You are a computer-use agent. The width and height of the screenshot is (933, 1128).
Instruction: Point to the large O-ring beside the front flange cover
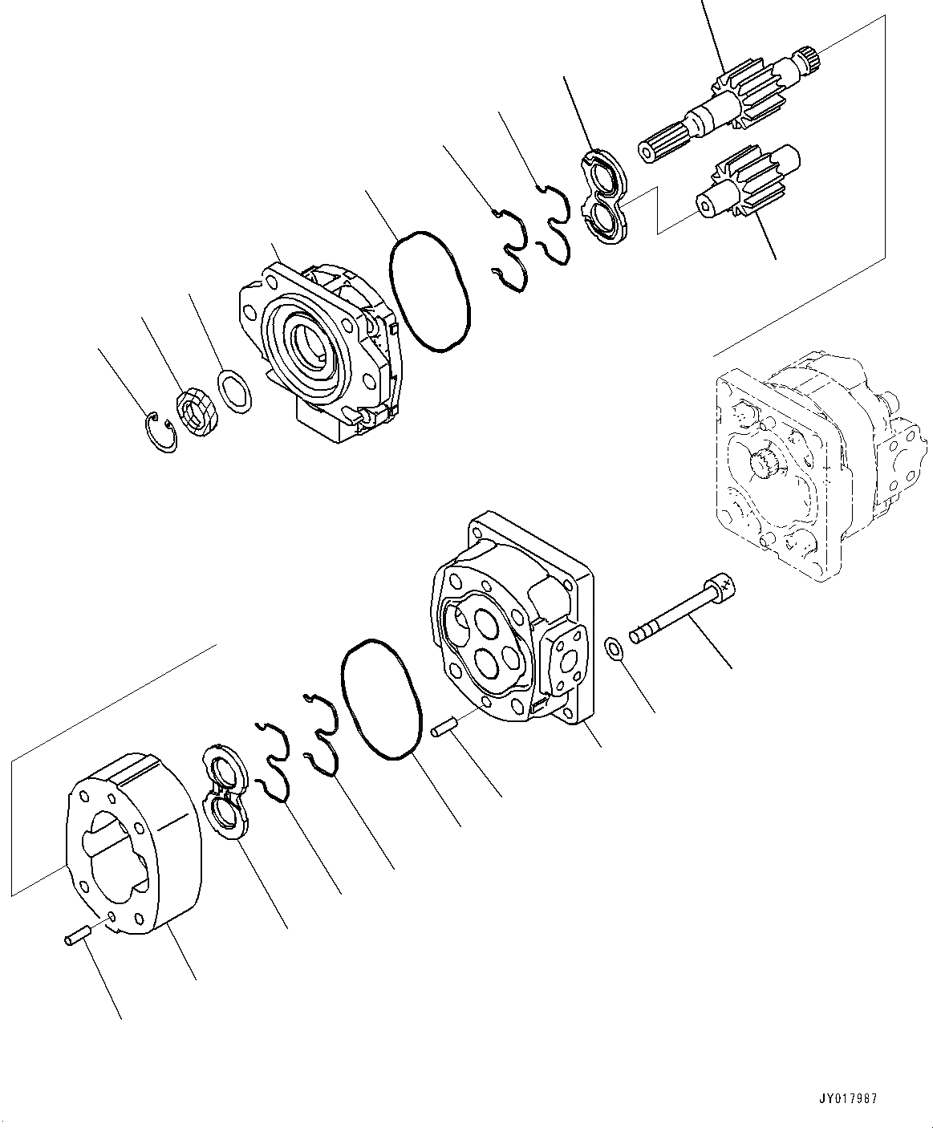pyautogui.click(x=429, y=291)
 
